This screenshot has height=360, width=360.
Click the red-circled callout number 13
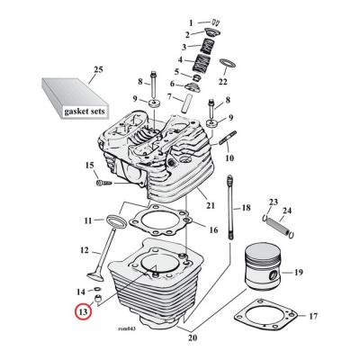coord(83,312)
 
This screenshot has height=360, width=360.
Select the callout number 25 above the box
coord(98,69)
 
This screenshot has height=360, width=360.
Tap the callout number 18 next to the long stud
coord(244,208)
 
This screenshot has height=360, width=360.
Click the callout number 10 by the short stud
coord(229,158)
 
